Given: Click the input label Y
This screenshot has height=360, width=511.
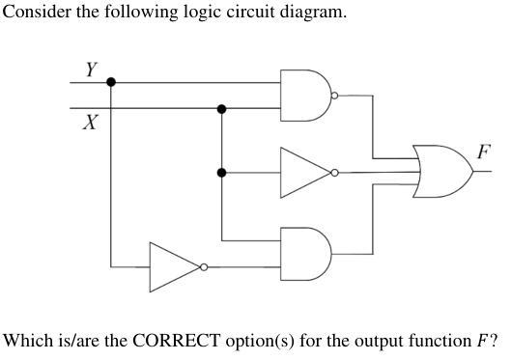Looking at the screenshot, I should (91, 69).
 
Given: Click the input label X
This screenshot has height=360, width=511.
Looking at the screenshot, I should (90, 124).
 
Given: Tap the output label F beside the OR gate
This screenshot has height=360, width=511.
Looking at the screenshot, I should (483, 151).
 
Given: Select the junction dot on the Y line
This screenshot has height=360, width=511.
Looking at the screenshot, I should (111, 82).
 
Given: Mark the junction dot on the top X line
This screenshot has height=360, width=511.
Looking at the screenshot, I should (222, 109).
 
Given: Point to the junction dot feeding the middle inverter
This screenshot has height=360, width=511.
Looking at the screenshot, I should (222, 173).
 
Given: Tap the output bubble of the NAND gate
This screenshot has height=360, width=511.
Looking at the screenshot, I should (334, 96).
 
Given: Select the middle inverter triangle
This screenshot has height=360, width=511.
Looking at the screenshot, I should (301, 173).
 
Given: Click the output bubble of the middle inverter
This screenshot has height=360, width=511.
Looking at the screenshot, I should (334, 173).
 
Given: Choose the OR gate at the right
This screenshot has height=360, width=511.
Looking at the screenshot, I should (442, 171).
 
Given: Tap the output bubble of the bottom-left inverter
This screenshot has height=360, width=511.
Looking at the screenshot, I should (204, 266).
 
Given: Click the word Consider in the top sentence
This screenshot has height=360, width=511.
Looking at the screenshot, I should (34, 13).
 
